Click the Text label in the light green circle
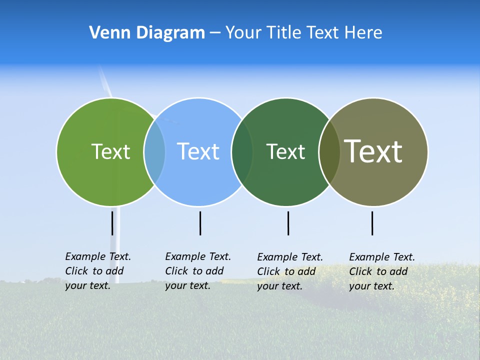[110, 151]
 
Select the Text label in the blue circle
[198, 151]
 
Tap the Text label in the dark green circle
[285, 151]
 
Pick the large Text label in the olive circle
[373, 151]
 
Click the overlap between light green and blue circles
[154, 151]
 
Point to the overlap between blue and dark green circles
[242, 151]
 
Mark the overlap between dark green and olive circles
[329, 151]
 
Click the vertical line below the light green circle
[112, 223]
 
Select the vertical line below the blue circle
[200, 223]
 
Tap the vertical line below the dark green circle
[288, 223]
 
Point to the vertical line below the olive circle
[372, 223]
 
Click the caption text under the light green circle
[97, 271]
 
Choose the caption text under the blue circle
[197, 271]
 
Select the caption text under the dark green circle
[289, 271]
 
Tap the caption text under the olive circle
[381, 271]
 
